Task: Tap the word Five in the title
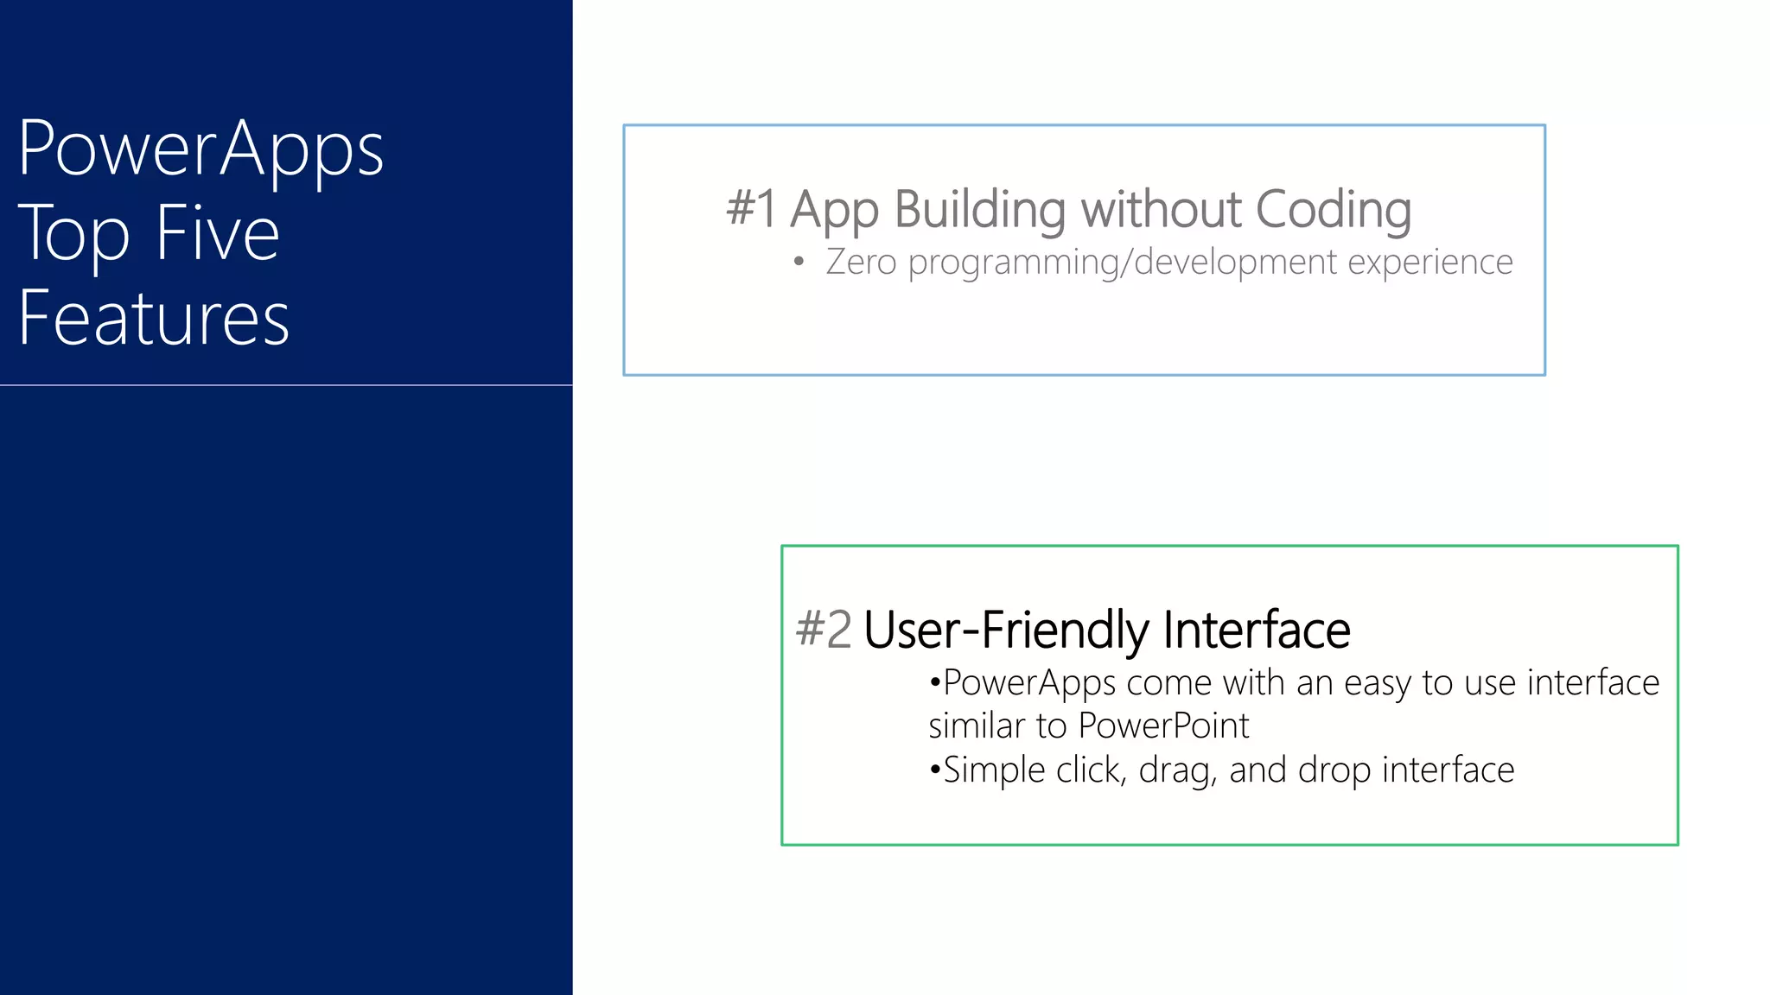pyautogui.click(x=218, y=233)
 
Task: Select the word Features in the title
pyautogui.click(x=154, y=318)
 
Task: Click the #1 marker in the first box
pyautogui.click(x=751, y=209)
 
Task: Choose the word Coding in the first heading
pyautogui.click(x=1333, y=209)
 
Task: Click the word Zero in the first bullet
pyautogui.click(x=861, y=262)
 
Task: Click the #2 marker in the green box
pyautogui.click(x=824, y=629)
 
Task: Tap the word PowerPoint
pyautogui.click(x=1163, y=726)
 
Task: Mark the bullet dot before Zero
pyautogui.click(x=799, y=262)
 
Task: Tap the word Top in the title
pyautogui.click(x=74, y=233)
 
